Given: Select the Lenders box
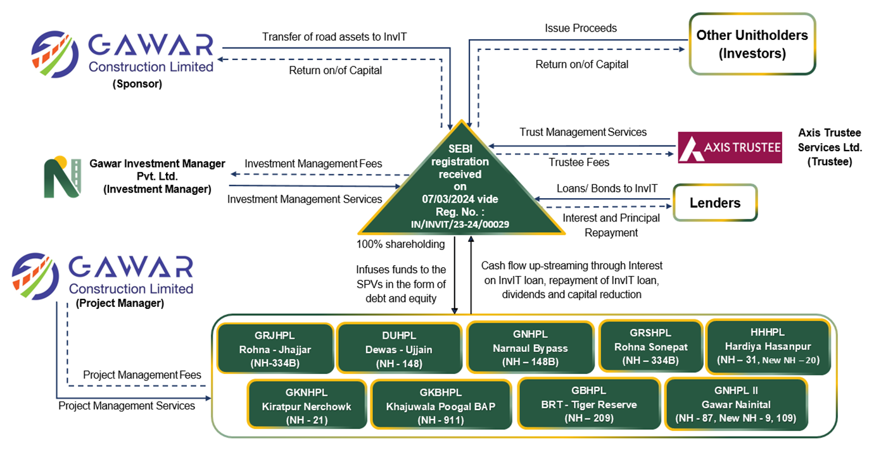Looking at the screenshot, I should (x=714, y=203).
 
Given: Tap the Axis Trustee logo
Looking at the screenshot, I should (x=729, y=147).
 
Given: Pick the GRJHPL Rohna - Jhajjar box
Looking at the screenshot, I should (x=275, y=348).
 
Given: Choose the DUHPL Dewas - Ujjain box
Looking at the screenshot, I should (x=398, y=348).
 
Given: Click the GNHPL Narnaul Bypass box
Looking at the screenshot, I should (x=530, y=348).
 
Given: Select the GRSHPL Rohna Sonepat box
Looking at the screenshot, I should (x=650, y=347).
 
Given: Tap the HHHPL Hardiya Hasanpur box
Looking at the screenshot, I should (x=767, y=346).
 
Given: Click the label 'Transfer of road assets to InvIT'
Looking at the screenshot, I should (x=334, y=37).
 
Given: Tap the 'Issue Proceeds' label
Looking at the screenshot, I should (x=580, y=28).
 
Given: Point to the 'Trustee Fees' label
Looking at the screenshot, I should (x=578, y=163).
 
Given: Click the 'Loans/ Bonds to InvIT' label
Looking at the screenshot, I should (x=606, y=188).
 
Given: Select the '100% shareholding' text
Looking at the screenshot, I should (x=401, y=244).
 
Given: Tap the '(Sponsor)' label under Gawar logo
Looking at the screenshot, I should (x=137, y=83).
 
